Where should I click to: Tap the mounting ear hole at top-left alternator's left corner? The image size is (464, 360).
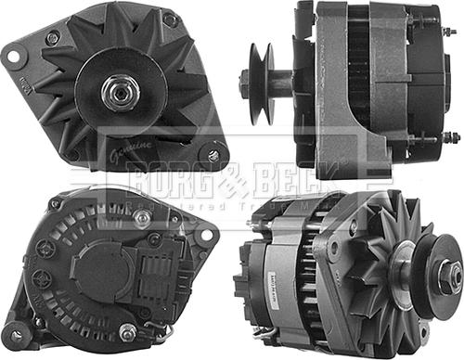coord(15,56)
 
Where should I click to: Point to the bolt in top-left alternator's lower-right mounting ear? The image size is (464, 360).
coord(214,156)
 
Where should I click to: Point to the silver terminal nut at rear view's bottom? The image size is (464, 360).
coord(127,331)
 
